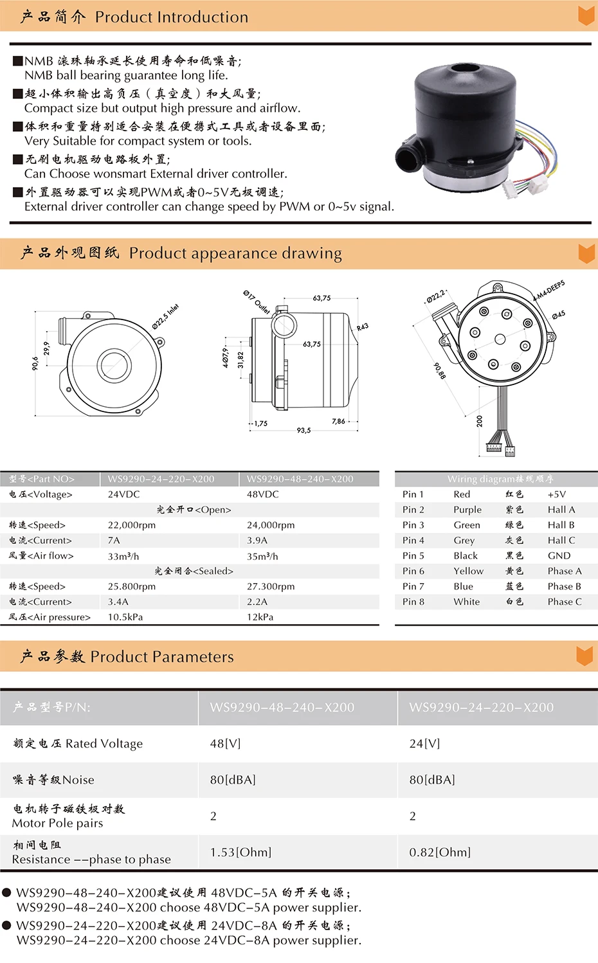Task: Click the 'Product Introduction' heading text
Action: pyautogui.click(x=172, y=17)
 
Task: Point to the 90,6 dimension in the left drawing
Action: pyautogui.click(x=35, y=363)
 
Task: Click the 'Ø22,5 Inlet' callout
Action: pyautogui.click(x=165, y=316)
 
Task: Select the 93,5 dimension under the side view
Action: pyautogui.click(x=304, y=430)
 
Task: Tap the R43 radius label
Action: pyautogui.click(x=363, y=327)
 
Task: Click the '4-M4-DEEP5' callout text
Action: pyautogui.click(x=549, y=291)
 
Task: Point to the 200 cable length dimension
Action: pyautogui.click(x=480, y=421)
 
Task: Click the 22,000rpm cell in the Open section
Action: pyautogui.click(x=132, y=525)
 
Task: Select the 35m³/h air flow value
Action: pyautogui.click(x=262, y=556)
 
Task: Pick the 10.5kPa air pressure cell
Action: pyautogui.click(x=125, y=617)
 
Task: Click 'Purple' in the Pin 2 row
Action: pyautogui.click(x=467, y=510)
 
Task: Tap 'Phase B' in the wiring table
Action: pyautogui.click(x=565, y=586)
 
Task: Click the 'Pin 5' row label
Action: pyautogui.click(x=413, y=555)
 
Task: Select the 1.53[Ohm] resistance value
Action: pyautogui.click(x=240, y=852)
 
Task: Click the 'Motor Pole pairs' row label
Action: pyautogui.click(x=58, y=823)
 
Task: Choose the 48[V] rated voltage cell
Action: pyautogui.click(x=225, y=743)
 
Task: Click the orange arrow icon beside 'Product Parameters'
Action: pyautogui.click(x=584, y=656)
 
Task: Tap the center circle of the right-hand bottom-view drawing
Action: pyautogui.click(x=500, y=339)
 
